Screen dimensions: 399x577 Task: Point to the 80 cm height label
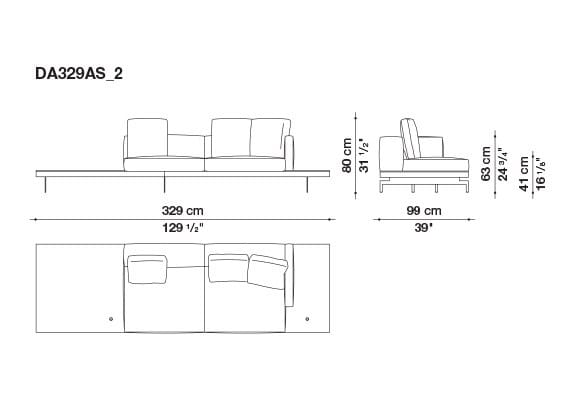[345, 156]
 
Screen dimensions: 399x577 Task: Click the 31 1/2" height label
[365, 156]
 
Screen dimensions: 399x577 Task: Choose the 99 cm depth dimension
[423, 210]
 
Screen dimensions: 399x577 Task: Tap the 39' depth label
[423, 228]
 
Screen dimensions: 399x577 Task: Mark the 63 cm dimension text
[487, 162]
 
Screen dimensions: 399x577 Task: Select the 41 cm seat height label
[523, 174]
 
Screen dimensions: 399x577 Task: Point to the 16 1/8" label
[541, 174]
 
